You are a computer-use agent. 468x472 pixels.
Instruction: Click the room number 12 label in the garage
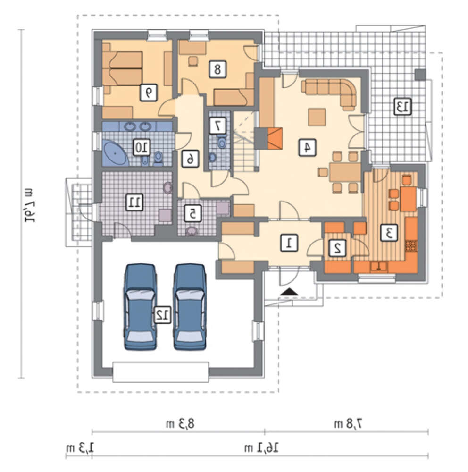[x=163, y=315]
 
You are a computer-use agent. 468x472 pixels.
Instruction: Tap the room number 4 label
[x=307, y=147]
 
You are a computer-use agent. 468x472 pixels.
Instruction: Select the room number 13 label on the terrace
[x=403, y=106]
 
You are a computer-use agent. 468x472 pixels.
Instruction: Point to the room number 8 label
[x=217, y=69]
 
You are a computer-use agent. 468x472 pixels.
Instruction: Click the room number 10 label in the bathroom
[x=142, y=147]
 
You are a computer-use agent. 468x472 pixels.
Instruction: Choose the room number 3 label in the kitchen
[x=389, y=233]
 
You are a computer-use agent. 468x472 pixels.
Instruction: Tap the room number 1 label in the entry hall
[x=289, y=243]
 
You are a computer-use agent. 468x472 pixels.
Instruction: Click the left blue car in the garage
[x=140, y=307]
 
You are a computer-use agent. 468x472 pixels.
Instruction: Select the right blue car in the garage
[x=190, y=307]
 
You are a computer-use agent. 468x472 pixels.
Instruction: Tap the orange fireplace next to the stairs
[x=275, y=138]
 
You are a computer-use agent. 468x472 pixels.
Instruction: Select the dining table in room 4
[x=345, y=172]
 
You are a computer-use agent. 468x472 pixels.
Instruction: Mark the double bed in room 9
[x=122, y=68]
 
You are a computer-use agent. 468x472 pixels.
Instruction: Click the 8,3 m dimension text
[x=180, y=424]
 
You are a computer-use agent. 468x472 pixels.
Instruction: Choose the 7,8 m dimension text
[x=348, y=424]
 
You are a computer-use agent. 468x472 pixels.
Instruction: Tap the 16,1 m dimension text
[x=261, y=448]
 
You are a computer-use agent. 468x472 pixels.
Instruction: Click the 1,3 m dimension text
[x=80, y=448]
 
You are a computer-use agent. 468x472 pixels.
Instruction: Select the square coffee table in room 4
[x=317, y=117]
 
